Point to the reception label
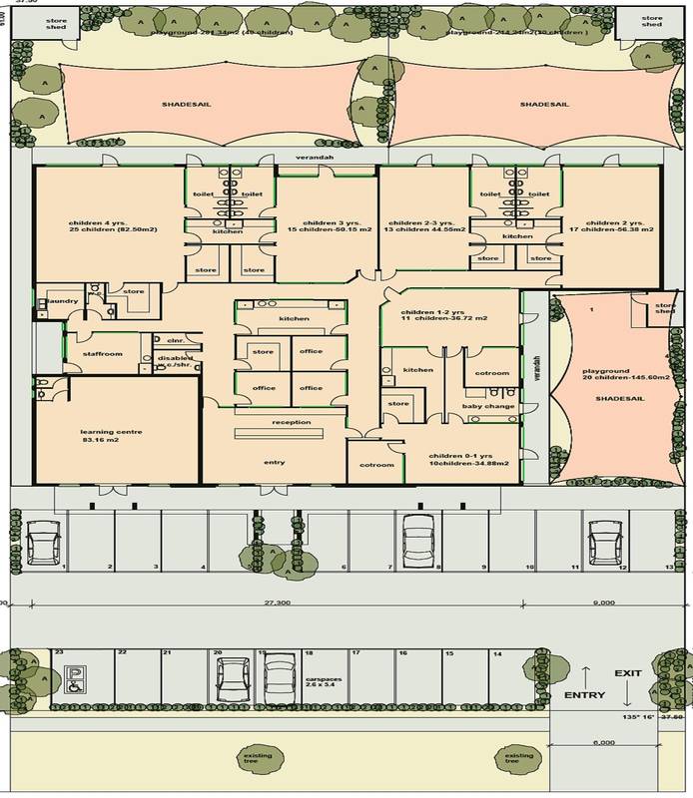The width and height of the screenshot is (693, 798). [291, 422]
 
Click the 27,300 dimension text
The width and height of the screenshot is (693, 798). [277, 603]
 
